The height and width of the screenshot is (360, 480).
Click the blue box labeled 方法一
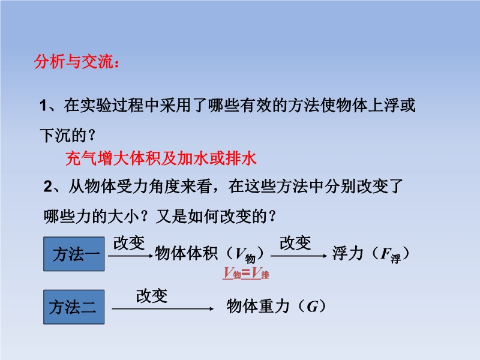pyautogui.click(x=74, y=254)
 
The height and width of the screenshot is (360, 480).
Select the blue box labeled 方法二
pyautogui.click(x=74, y=307)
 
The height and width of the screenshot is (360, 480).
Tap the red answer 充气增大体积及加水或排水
pyautogui.click(x=161, y=158)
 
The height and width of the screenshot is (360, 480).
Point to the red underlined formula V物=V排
pyautogui.click(x=246, y=273)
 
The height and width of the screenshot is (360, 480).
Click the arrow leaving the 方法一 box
pyautogui.click(x=130, y=256)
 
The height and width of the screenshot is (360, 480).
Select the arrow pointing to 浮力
pyautogui.click(x=299, y=256)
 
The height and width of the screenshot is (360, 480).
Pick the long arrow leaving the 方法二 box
pyautogui.click(x=163, y=309)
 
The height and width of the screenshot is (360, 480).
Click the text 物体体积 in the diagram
pyautogui.click(x=186, y=253)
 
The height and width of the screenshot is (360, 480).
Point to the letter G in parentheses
pyautogui.click(x=312, y=307)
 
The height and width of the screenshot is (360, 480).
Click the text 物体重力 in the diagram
pyautogui.click(x=258, y=306)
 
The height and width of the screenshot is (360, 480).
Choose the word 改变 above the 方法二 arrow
pyautogui.click(x=152, y=296)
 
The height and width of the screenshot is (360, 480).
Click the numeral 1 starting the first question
pyautogui.click(x=43, y=106)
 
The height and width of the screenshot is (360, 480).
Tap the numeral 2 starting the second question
pyautogui.click(x=48, y=187)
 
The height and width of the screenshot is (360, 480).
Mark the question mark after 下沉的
pyautogui.click(x=91, y=135)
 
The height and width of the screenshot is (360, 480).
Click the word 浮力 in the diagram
pyautogui.click(x=348, y=253)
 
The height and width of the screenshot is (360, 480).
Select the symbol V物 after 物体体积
pyautogui.click(x=245, y=254)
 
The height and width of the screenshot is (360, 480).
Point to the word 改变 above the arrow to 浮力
pyautogui.click(x=295, y=243)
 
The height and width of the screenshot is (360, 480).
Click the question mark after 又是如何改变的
pyautogui.click(x=272, y=216)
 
